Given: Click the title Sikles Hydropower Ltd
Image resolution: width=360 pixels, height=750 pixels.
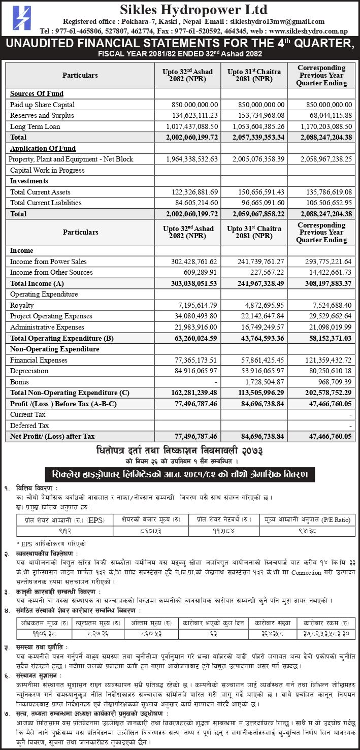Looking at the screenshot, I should (193, 9).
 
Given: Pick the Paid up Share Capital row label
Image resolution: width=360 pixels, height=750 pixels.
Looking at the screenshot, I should (42, 105).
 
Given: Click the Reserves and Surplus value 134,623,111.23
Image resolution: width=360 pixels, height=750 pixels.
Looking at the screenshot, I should (192, 116).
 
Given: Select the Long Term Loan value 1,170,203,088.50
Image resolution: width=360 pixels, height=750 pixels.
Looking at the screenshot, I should (321, 126).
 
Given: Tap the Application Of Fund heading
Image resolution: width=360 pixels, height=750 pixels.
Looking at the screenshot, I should (43, 149).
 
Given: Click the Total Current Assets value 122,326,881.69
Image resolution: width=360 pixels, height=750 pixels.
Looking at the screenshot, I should (192, 192).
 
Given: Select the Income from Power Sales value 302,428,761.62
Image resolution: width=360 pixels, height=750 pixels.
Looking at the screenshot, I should (192, 262).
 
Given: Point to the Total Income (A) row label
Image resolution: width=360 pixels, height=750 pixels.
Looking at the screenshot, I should (37, 283).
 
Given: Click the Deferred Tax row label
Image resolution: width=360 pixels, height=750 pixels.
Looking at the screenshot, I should (29, 426).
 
